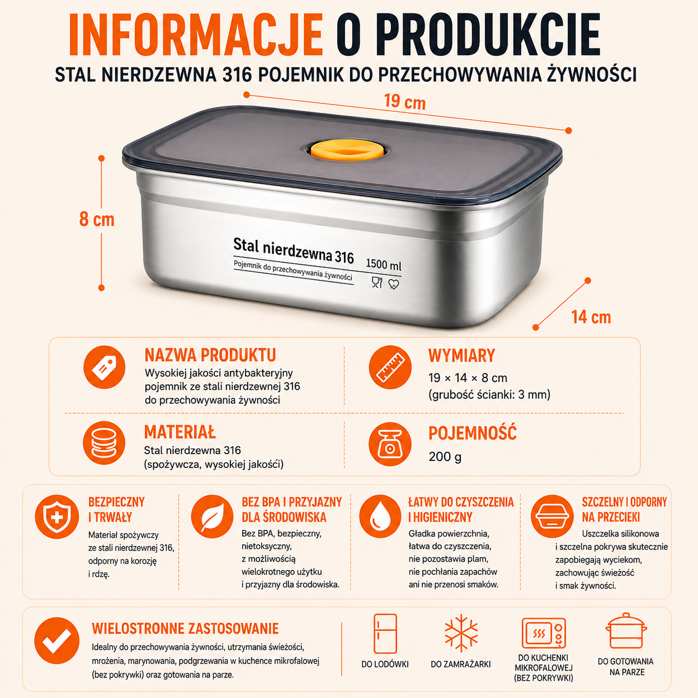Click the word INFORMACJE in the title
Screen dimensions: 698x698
coord(195,35)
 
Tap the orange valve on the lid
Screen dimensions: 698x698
coord(347,150)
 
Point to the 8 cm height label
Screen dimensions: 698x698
coord(97,219)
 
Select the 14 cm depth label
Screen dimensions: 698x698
coord(591,317)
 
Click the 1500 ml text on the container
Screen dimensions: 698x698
coord(384,264)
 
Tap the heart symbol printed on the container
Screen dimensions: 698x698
coord(394,284)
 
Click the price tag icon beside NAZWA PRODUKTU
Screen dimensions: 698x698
coord(104,367)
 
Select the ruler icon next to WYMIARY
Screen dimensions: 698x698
coord(390,367)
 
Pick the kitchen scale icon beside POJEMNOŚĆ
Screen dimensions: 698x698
coord(390,444)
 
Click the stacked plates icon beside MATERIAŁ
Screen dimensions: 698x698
coord(104,443)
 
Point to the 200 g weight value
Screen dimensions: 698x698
coord(445,457)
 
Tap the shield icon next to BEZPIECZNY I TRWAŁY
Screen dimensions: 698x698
coord(57,517)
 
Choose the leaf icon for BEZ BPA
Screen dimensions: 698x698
coord(212,517)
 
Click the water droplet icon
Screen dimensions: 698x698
coord(380,517)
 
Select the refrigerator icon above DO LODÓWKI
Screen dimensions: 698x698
coord(385,633)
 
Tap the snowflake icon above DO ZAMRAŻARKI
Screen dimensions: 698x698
coord(461,633)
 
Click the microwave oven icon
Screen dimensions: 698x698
coord(544,633)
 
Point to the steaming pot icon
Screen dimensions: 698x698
coord(626,631)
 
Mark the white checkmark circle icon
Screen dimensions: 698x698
coord(57,641)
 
